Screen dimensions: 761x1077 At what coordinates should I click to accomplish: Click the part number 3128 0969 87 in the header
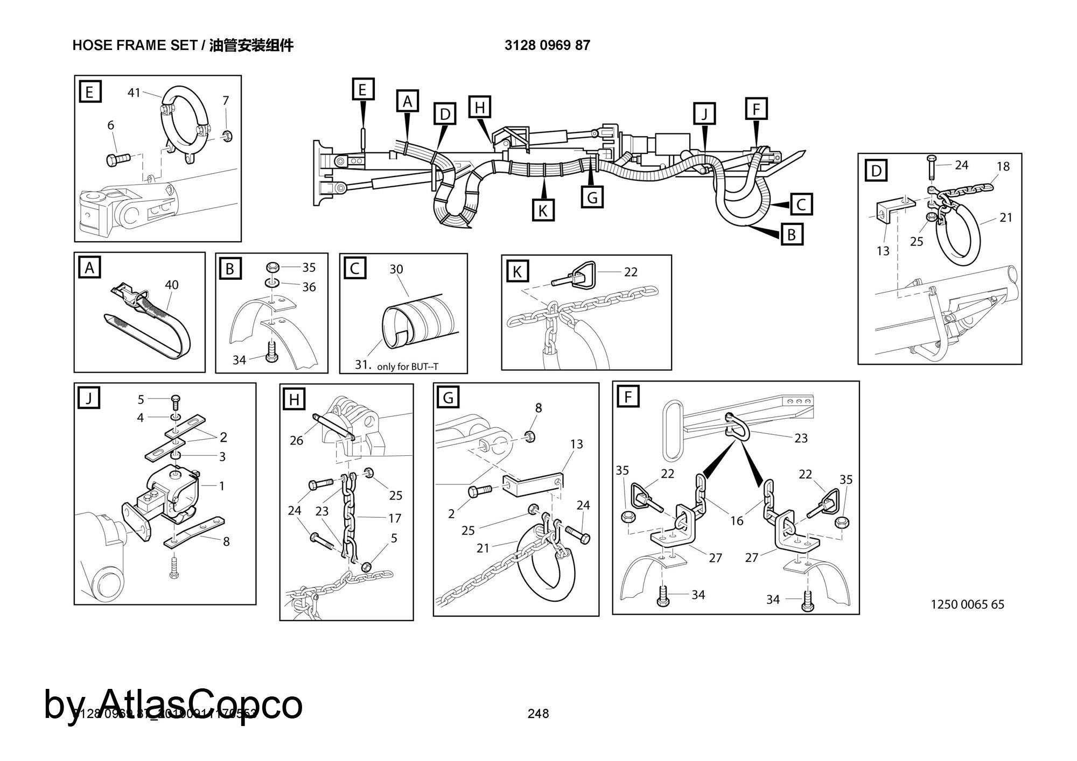[x=547, y=45]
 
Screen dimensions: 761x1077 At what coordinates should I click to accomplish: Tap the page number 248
[x=538, y=714]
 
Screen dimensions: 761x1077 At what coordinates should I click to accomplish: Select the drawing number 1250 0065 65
[x=967, y=604]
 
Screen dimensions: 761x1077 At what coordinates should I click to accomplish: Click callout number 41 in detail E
[x=134, y=93]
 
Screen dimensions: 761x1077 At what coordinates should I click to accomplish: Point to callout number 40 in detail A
[x=171, y=285]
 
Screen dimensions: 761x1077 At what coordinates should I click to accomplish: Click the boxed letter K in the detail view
[x=517, y=272]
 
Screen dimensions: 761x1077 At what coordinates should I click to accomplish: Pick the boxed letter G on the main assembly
[x=592, y=198]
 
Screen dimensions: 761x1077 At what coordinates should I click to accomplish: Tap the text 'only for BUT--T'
[x=408, y=367]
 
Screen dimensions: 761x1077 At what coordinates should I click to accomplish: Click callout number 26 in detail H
[x=296, y=440]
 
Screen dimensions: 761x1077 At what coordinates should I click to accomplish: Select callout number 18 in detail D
[x=1003, y=166]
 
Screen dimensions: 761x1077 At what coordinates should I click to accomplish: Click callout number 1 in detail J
[x=221, y=486]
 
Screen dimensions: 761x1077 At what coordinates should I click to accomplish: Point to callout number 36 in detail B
[x=309, y=287]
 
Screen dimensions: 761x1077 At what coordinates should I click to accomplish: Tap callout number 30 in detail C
[x=396, y=269]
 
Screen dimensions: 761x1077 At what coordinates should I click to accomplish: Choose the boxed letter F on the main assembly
[x=756, y=109]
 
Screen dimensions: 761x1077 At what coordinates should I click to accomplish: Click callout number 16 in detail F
[x=736, y=520]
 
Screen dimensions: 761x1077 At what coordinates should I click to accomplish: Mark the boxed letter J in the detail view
[x=89, y=399]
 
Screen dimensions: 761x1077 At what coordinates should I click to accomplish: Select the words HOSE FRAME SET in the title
[x=135, y=45]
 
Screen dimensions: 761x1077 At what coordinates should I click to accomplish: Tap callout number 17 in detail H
[x=395, y=518]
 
